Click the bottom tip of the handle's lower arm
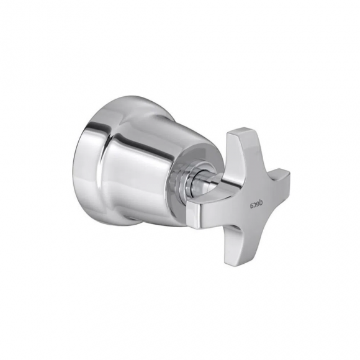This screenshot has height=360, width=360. [233, 265]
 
